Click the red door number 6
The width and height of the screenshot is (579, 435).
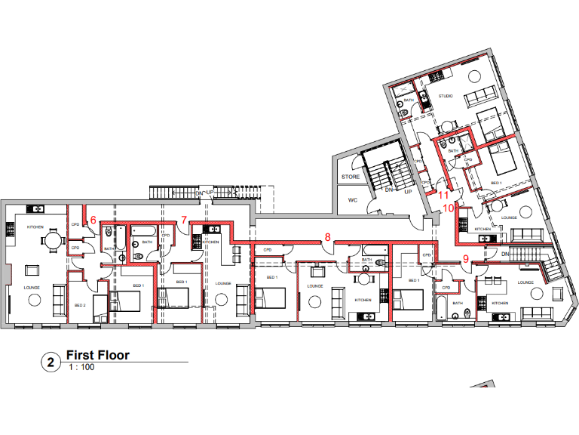[93, 220]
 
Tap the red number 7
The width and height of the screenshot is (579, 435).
[184, 220]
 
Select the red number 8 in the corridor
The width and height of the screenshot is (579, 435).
[327, 236]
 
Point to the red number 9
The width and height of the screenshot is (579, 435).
[466, 258]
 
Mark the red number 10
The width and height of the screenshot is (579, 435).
[448, 207]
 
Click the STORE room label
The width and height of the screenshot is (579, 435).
[351, 177]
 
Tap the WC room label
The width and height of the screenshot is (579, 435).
[352, 200]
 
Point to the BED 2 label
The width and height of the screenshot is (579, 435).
[80, 305]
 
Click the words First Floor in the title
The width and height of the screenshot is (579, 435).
[98, 355]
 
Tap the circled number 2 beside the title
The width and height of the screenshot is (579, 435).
[51, 363]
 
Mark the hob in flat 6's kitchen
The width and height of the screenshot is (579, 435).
[10, 226]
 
